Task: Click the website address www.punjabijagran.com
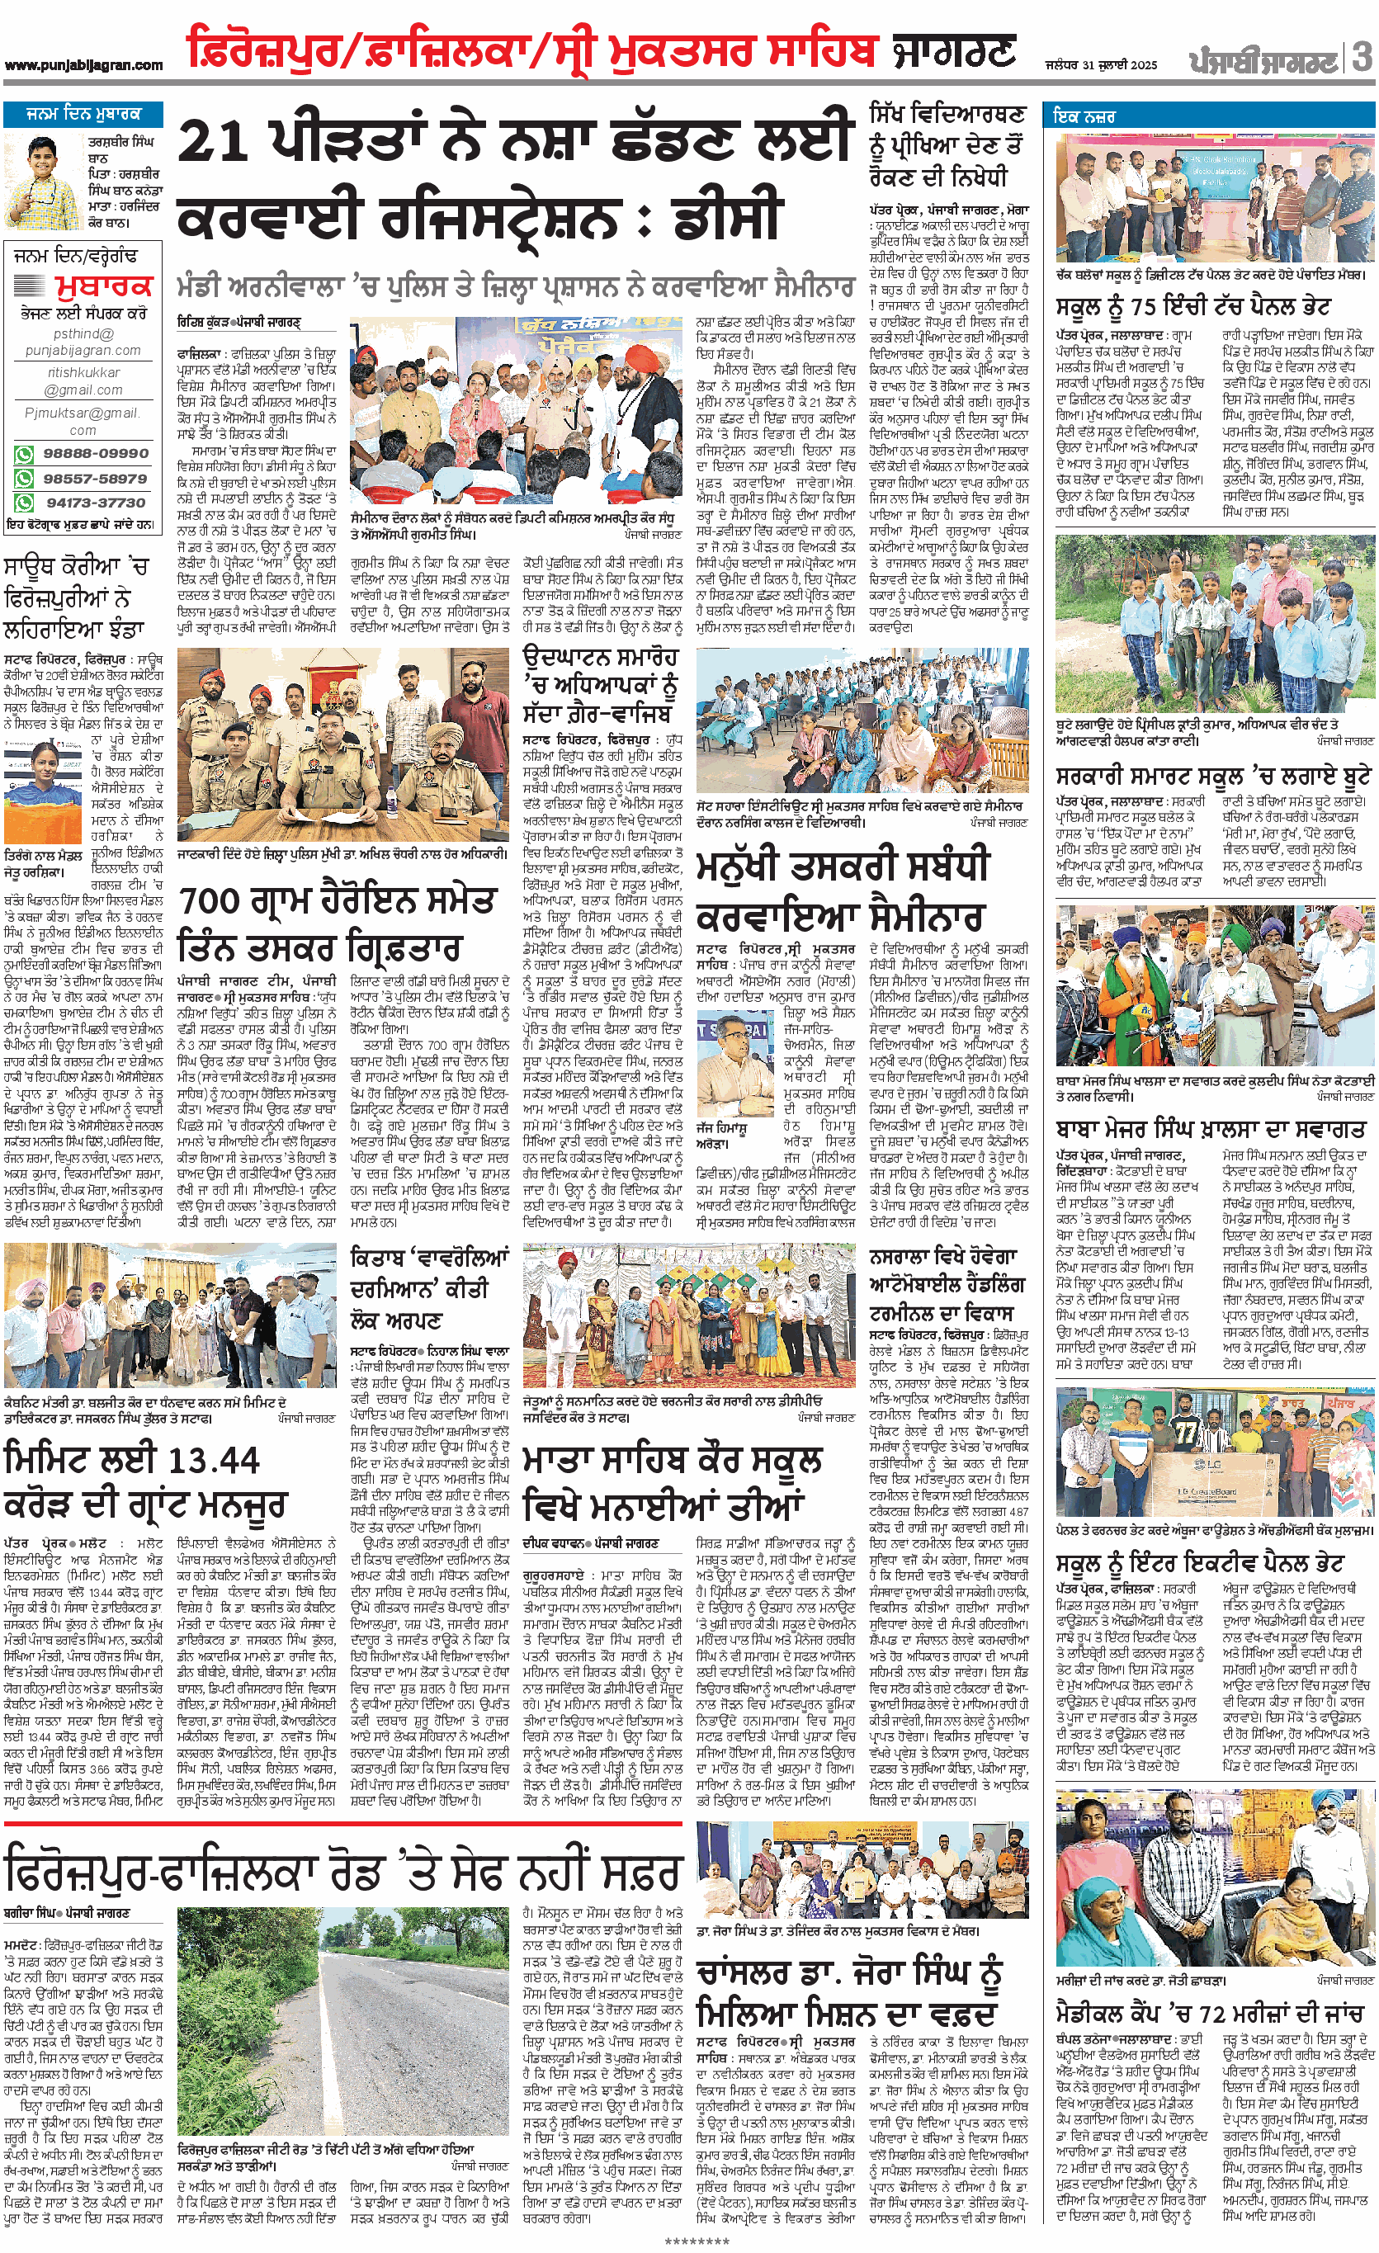(83, 65)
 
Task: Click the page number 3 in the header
(1362, 58)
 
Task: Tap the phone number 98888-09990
(95, 454)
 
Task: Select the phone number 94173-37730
(95, 503)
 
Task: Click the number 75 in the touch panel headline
(1178, 306)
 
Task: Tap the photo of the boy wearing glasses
(42, 182)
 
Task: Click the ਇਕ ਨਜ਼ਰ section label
(1085, 117)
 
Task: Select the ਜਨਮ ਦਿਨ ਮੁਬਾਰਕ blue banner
(83, 114)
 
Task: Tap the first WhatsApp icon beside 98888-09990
(24, 455)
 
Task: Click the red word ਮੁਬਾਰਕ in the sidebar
(103, 286)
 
